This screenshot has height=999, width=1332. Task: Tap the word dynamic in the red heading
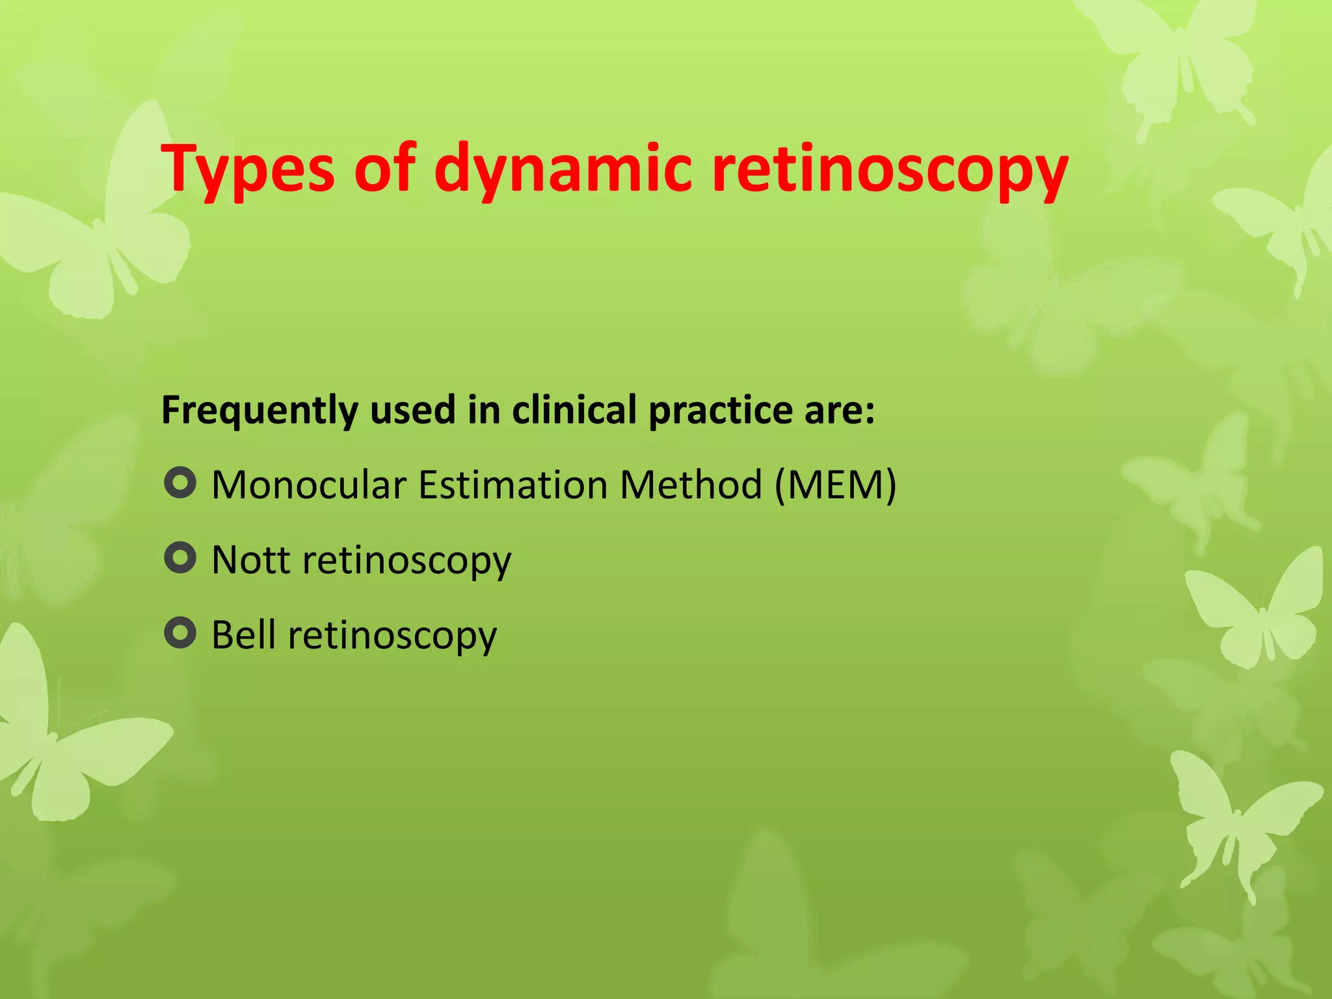[562, 170]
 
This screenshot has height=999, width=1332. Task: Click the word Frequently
[260, 411]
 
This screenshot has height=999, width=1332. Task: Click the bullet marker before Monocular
[180, 483]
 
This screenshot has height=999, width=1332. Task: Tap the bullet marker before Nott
[180, 558]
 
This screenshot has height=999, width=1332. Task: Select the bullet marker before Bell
[180, 633]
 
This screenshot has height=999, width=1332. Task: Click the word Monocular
[309, 485]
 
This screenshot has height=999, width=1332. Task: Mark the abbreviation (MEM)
[835, 485]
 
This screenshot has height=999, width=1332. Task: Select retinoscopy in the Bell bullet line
[392, 637]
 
